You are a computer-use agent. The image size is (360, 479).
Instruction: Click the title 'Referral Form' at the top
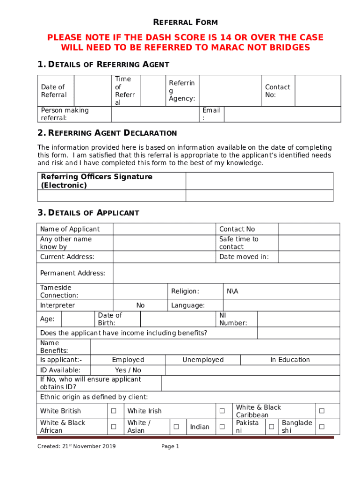[x=186, y=22]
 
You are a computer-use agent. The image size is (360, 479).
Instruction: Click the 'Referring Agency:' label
[x=182, y=91]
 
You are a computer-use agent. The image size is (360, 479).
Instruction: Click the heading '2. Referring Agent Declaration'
[x=107, y=133]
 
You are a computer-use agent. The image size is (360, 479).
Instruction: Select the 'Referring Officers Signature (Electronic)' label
[x=97, y=181]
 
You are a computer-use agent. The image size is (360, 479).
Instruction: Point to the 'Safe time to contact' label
[x=238, y=243]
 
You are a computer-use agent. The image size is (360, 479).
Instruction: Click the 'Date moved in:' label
[x=244, y=257]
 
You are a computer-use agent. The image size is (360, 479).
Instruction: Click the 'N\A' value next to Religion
[x=232, y=291]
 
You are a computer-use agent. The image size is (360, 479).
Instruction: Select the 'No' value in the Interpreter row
[x=140, y=305]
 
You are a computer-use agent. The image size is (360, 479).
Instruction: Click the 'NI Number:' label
[x=233, y=319]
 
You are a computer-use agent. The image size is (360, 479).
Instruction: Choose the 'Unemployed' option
[x=203, y=360]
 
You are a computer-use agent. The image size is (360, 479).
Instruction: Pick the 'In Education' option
[x=290, y=360]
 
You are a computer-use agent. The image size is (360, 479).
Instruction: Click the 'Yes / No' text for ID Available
[x=128, y=370]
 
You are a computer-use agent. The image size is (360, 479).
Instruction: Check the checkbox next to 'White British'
[x=113, y=411]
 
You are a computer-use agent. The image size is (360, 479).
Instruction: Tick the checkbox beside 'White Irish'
[x=223, y=411]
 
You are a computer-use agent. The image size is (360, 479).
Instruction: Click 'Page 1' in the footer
[x=170, y=447]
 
